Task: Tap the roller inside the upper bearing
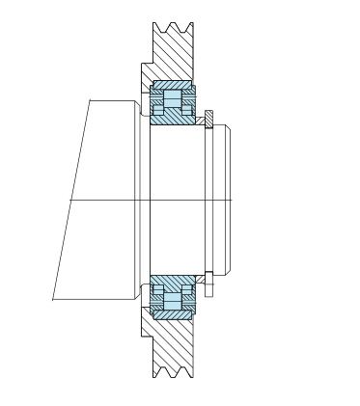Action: coord(174,100)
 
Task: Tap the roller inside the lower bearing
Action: coord(174,297)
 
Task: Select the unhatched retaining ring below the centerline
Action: coord(208,280)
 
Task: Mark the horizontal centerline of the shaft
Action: coord(145,199)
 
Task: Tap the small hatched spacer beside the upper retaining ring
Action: coord(199,122)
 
